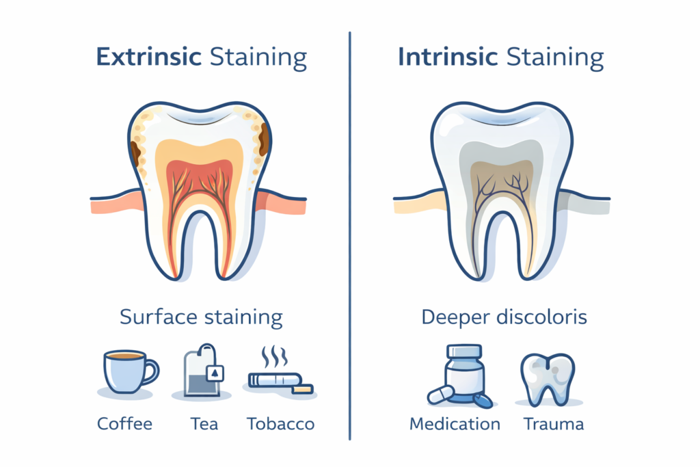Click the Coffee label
[126, 423]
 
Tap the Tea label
[204, 423]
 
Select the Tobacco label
[280, 423]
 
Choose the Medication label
[455, 423]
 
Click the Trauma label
[554, 423]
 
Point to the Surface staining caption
[201, 317]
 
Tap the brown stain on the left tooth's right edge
[263, 139]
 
